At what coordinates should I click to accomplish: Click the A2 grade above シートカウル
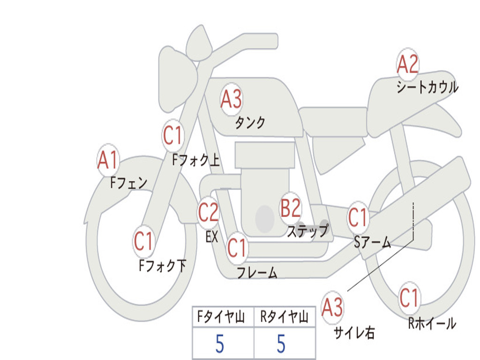(407, 64)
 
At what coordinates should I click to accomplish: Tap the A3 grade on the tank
(231, 99)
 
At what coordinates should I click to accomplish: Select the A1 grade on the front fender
(108, 160)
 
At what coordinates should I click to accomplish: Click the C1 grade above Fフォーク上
(172, 135)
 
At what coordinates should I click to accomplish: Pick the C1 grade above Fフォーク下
(143, 241)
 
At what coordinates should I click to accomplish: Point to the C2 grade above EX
(208, 212)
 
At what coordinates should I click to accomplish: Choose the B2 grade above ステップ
(291, 208)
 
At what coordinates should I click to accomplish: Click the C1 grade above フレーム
(237, 247)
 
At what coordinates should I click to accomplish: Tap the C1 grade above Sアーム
(357, 217)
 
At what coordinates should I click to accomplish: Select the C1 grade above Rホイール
(409, 298)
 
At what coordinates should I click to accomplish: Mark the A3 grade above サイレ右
(332, 307)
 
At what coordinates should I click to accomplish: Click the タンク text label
(250, 123)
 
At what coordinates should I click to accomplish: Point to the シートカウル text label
(427, 87)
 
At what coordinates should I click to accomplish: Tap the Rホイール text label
(432, 323)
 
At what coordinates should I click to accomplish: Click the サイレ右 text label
(354, 333)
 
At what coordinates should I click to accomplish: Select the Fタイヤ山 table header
(221, 316)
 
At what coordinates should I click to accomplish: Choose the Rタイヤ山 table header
(285, 316)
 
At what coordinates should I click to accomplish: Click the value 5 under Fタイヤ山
(220, 344)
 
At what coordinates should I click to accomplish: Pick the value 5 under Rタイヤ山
(281, 344)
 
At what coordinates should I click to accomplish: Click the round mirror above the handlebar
(199, 43)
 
